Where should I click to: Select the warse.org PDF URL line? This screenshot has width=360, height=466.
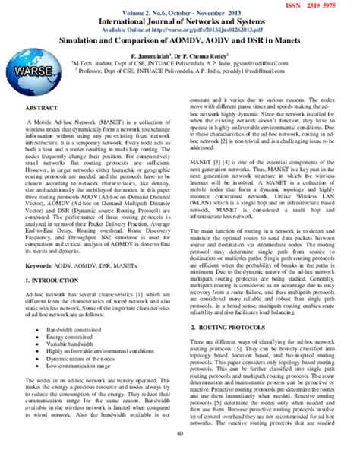tap(180, 30)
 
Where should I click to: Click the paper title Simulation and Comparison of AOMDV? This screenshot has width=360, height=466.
tap(180, 45)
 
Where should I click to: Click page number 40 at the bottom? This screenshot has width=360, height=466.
tap(180, 455)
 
